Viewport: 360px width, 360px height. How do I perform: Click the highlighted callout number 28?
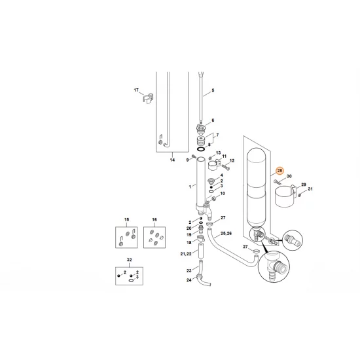(x=279, y=171)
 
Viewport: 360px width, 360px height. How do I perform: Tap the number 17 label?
(x=137, y=90)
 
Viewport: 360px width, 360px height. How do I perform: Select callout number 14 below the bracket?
(x=172, y=159)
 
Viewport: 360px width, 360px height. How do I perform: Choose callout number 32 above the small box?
(x=128, y=260)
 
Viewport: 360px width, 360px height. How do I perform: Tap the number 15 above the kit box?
(x=128, y=219)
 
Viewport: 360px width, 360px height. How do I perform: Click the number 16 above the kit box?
(x=154, y=219)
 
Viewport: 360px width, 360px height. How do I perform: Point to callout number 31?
(x=311, y=189)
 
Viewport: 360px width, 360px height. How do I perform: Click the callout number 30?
(x=288, y=177)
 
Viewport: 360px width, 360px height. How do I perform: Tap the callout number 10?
(x=223, y=194)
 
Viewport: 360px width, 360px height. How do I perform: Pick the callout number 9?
(x=187, y=159)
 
